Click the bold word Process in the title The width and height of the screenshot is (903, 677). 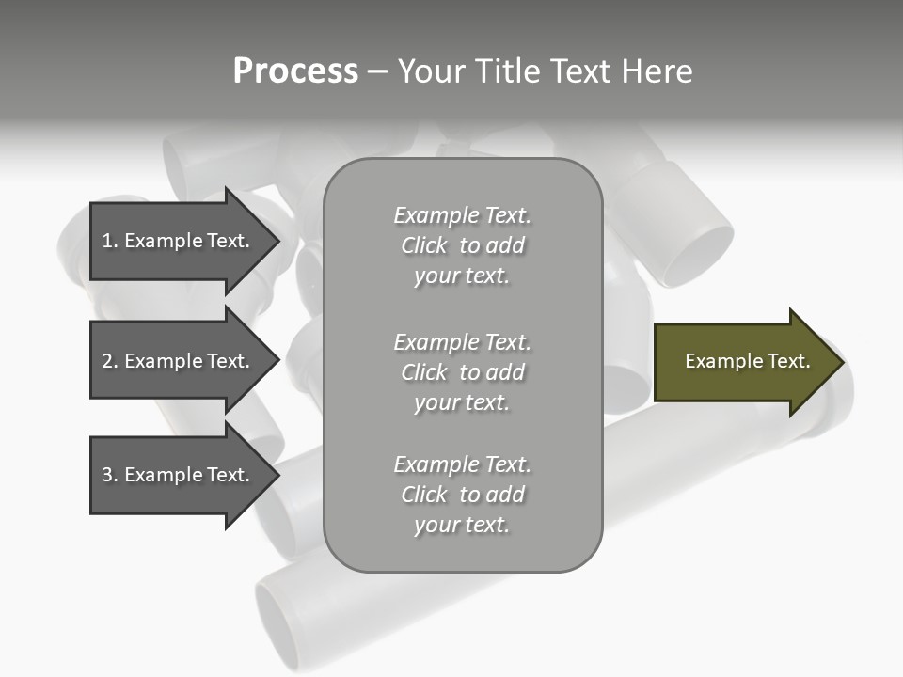click(295, 71)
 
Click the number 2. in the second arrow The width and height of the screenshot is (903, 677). click(110, 361)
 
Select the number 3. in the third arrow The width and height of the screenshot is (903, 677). click(110, 475)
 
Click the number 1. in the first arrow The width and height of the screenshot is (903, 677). click(110, 241)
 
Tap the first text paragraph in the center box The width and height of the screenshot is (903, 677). click(462, 245)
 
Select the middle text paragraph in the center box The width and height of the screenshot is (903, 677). click(462, 372)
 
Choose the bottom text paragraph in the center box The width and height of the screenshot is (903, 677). click(462, 495)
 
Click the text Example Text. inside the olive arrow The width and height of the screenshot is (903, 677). click(748, 361)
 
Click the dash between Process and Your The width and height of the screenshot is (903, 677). click(378, 71)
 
